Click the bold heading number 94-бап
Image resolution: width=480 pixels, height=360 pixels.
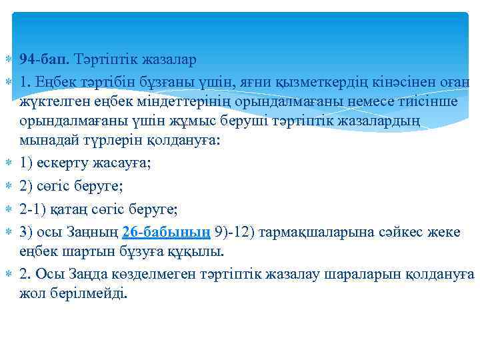point(45,60)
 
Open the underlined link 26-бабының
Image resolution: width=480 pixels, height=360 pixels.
point(167,232)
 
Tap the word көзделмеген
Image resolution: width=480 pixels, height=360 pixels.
point(143,274)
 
